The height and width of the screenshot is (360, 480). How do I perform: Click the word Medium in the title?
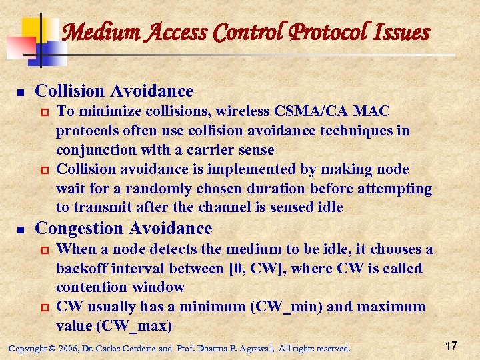pyautogui.click(x=95, y=31)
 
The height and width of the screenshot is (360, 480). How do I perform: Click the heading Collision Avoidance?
pyautogui.click(x=114, y=91)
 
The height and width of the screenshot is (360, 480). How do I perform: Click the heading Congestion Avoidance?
pyautogui.click(x=123, y=229)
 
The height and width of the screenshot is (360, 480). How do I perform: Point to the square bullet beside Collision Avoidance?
pyautogui.click(x=21, y=91)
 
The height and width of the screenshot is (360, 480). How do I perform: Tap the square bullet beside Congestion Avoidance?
pyautogui.click(x=21, y=229)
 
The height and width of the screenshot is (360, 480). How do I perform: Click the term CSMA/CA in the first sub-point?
pyautogui.click(x=315, y=111)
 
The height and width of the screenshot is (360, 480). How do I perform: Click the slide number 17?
pyautogui.click(x=451, y=346)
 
